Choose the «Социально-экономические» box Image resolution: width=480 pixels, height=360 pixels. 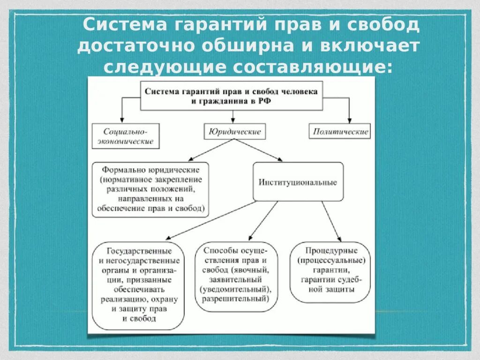coord(126,136)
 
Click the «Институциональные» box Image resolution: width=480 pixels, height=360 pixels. coord(298,182)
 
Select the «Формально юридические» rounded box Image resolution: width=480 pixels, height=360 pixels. coord(150,189)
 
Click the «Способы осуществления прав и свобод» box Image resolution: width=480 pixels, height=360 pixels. coord(236,276)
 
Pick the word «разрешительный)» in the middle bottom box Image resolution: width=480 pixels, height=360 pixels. coord(236,298)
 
